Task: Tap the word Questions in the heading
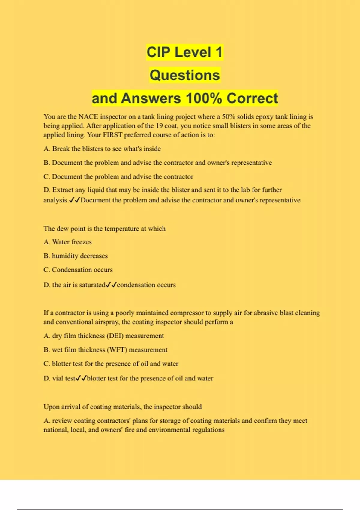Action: pos(185,75)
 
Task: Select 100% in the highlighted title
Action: pos(204,98)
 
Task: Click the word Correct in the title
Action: pos(252,98)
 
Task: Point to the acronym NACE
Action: pos(88,117)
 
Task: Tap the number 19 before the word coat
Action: pos(159,126)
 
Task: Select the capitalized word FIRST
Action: pos(113,135)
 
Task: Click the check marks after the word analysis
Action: pos(74,200)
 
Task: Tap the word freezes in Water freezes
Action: pos(82,242)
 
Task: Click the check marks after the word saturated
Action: pos(111,285)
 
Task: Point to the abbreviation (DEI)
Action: pos(115,336)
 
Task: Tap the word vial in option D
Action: pos(58,378)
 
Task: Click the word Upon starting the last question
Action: pos(51,407)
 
